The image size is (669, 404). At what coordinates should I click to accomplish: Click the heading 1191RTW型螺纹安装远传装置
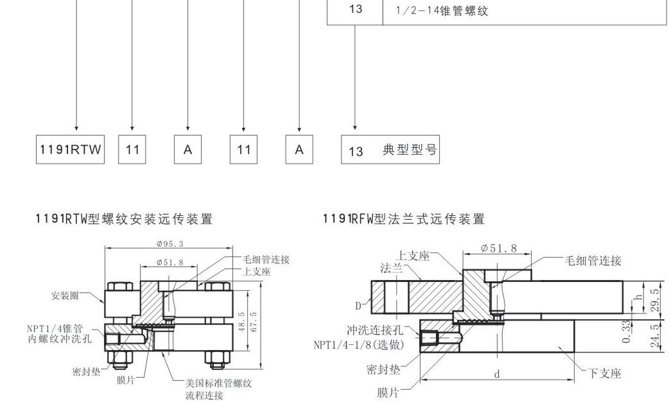tap(123, 220)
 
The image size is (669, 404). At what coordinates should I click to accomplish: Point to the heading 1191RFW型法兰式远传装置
tap(404, 220)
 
